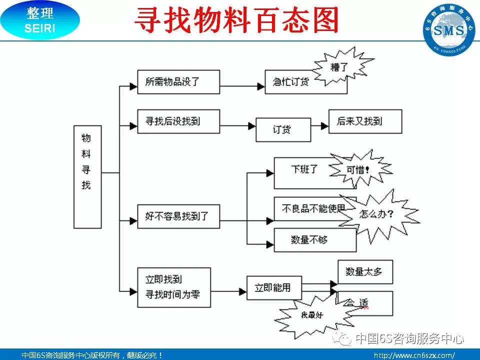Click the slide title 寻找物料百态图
[x=237, y=21]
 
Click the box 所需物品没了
[x=178, y=81]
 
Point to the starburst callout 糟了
[x=342, y=66]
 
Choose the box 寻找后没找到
[x=178, y=121]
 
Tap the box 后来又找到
[x=365, y=121]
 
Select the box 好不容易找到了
[x=178, y=217]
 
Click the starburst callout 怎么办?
[x=377, y=214]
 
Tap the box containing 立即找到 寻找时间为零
[x=173, y=287]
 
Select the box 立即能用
[x=272, y=288]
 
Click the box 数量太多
[x=365, y=271]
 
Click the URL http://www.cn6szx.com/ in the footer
[x=414, y=355]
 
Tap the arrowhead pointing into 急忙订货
[x=261, y=86]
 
